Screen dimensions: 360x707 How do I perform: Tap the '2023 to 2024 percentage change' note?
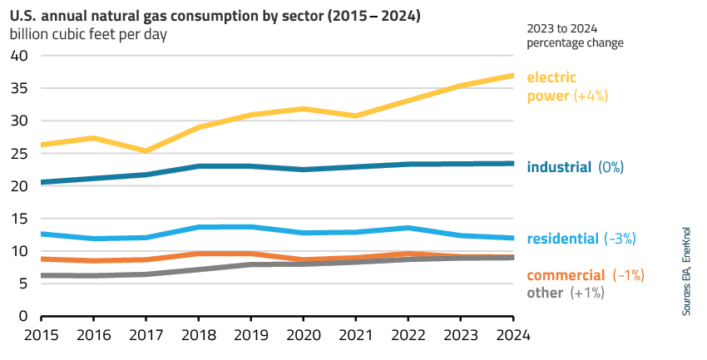coord(575,35)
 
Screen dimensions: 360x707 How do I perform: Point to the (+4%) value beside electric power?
coord(591,96)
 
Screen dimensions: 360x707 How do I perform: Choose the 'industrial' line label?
coord(559,167)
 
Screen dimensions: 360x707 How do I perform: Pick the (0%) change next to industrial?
coord(611,167)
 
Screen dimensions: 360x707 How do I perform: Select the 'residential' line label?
coord(562,239)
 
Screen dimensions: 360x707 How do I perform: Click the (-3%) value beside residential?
coord(620,239)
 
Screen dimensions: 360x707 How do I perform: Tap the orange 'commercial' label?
coord(566,275)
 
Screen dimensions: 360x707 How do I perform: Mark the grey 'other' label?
coord(544,293)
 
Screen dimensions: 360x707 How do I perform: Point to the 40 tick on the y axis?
coord(19,56)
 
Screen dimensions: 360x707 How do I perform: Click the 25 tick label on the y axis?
coord(19,153)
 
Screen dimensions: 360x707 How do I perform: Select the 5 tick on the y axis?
coord(24,284)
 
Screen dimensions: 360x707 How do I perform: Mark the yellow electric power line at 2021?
coord(356,116)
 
